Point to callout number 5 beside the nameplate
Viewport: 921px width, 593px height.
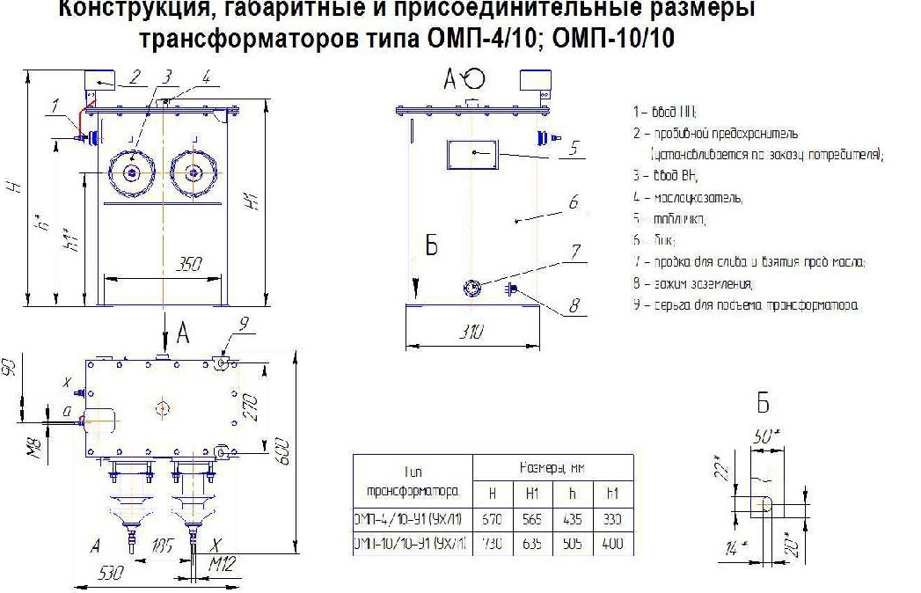tap(573, 148)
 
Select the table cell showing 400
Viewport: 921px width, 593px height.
tap(612, 545)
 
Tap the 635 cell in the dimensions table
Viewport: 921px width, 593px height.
tap(533, 545)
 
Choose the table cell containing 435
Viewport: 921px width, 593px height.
tap(573, 519)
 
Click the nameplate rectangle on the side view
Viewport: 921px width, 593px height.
tap(473, 153)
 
